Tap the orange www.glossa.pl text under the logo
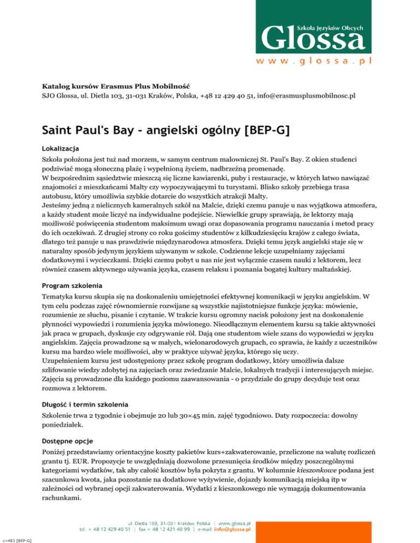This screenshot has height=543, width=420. pyautogui.click(x=314, y=61)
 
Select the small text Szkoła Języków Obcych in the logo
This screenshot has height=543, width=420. pyautogui.click(x=330, y=25)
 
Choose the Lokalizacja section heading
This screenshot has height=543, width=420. pyautogui.click(x=61, y=149)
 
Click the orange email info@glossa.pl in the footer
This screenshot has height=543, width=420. pyautogui.click(x=232, y=529)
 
